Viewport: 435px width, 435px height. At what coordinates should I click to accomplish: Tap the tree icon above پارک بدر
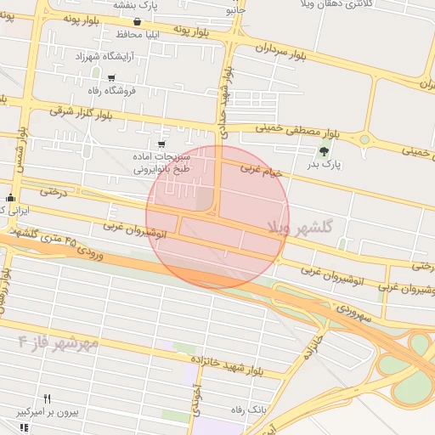(323, 151)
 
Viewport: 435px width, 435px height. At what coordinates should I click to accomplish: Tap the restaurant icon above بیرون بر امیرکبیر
(48, 398)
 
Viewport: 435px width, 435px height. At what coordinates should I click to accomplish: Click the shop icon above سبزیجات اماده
(161, 144)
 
